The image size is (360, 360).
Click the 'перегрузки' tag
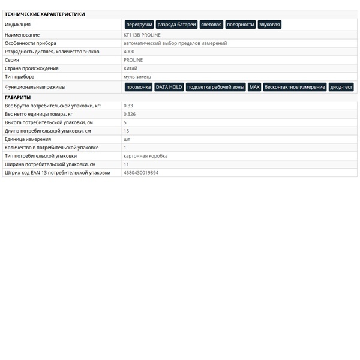click(139, 25)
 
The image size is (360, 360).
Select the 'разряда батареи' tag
click(176, 25)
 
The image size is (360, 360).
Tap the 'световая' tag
click(211, 25)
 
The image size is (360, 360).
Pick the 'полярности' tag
click(241, 25)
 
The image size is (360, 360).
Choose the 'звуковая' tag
click(269, 25)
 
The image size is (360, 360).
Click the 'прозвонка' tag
click(139, 87)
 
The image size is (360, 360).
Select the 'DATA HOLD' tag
click(169, 87)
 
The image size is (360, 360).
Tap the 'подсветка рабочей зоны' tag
click(216, 87)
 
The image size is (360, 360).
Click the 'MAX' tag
click(254, 87)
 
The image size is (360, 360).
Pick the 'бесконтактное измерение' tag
click(295, 87)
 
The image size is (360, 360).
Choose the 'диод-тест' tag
click(341, 87)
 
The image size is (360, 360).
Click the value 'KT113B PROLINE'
click(142, 35)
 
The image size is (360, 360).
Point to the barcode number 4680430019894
click(141, 172)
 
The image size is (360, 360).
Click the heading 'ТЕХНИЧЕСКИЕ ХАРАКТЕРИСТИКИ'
click(45, 14)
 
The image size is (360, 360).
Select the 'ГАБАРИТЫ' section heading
click(18, 97)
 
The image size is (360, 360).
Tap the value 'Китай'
click(130, 68)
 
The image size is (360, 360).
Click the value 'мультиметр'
click(137, 77)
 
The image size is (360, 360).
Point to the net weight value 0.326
click(130, 114)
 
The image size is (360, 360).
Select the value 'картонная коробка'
click(145, 156)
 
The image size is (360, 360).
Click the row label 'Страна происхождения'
click(32, 68)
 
